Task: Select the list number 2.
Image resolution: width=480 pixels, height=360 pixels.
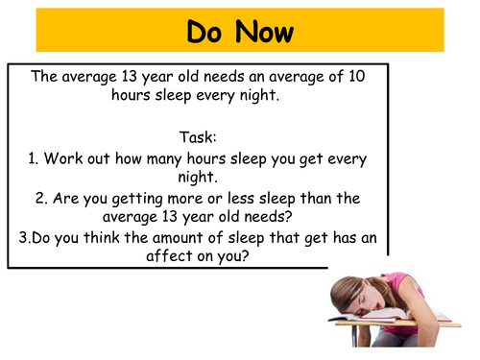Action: (42, 199)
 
